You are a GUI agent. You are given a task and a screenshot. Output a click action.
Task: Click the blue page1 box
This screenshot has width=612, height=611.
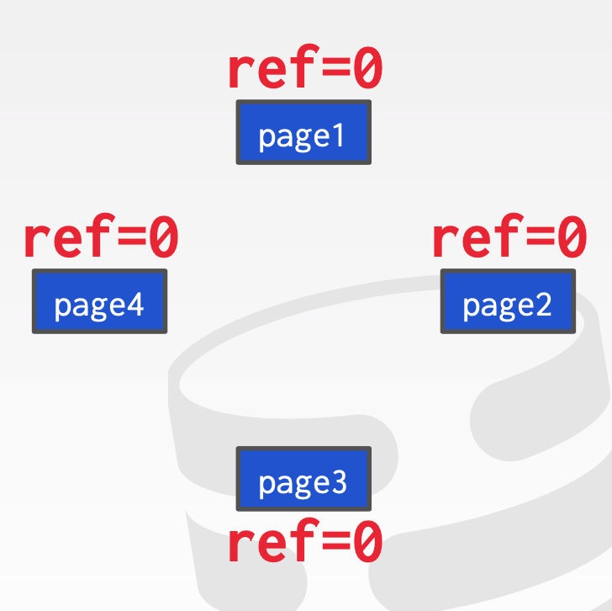pos(303,133)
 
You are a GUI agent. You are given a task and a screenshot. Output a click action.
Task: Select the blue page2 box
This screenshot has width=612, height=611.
pos(508,302)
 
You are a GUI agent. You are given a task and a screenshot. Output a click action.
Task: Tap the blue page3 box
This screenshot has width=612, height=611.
pos(303,480)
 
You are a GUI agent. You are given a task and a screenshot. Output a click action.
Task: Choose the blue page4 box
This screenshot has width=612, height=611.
pos(99,302)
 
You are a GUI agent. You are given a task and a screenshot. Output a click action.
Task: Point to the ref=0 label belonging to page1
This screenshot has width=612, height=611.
pos(305,71)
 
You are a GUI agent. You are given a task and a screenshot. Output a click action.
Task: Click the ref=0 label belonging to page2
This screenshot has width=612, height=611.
pos(509,238)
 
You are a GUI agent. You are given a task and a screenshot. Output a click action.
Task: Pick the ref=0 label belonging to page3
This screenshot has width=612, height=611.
pos(305,543)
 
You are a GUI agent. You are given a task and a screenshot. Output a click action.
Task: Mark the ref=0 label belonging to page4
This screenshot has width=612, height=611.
pos(101,238)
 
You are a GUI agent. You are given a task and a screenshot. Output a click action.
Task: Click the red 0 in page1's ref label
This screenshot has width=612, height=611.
pos(367,71)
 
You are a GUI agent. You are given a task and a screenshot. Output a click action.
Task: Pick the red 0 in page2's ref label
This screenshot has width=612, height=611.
pos(571,238)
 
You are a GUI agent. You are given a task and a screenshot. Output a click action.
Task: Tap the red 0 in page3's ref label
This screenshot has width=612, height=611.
pos(367,543)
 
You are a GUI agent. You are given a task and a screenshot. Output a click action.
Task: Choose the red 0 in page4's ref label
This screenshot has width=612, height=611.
pos(163,238)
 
